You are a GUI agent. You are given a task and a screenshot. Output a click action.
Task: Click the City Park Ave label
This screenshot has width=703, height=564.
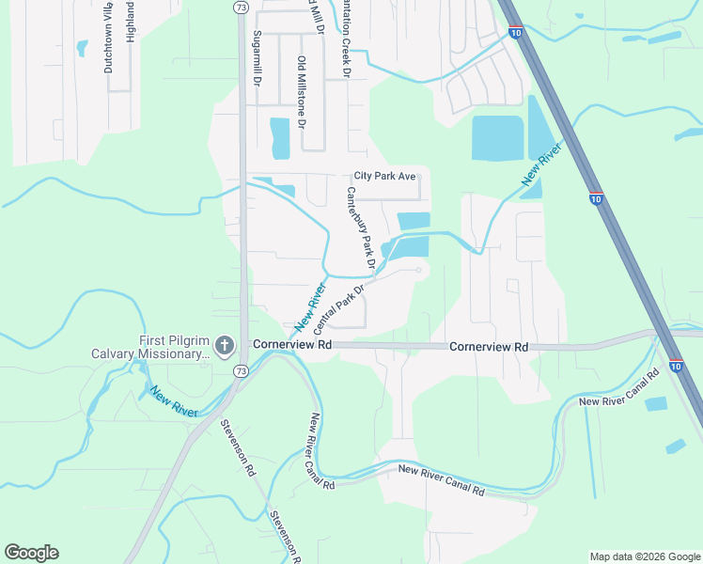[x=384, y=176]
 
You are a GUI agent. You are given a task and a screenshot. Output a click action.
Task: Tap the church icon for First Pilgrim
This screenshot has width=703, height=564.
[x=224, y=346]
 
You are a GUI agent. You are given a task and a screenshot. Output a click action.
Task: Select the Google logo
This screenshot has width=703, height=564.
[x=31, y=553]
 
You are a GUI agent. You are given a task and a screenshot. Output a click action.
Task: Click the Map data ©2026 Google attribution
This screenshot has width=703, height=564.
[x=644, y=556]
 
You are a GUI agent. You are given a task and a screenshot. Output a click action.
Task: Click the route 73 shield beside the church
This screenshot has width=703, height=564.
[x=242, y=373]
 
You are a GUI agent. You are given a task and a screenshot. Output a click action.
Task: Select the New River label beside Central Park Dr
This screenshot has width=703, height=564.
[x=308, y=306]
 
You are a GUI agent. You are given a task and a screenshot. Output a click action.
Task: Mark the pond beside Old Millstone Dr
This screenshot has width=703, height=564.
[x=280, y=138]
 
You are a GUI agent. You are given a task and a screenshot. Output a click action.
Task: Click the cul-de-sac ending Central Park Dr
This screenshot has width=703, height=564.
[x=418, y=270]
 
